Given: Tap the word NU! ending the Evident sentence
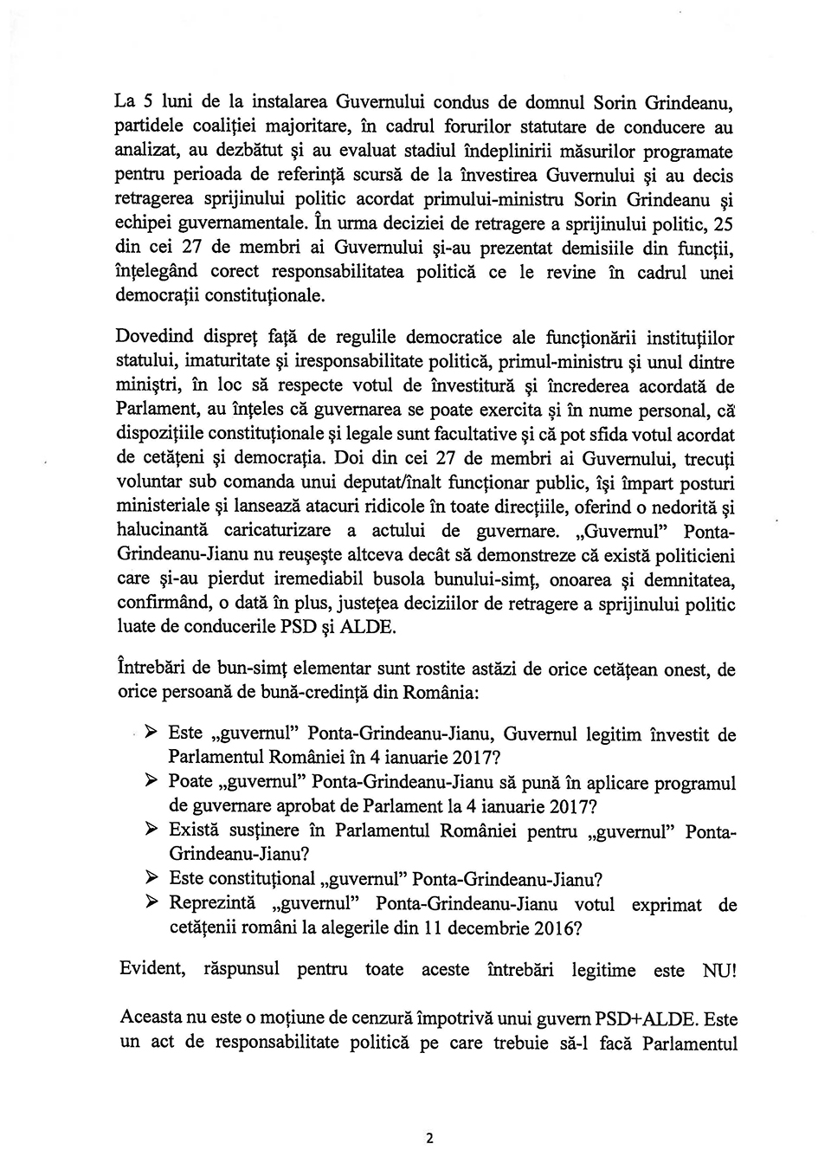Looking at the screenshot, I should tap(719, 971).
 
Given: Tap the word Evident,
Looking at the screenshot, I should tap(151, 968).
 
